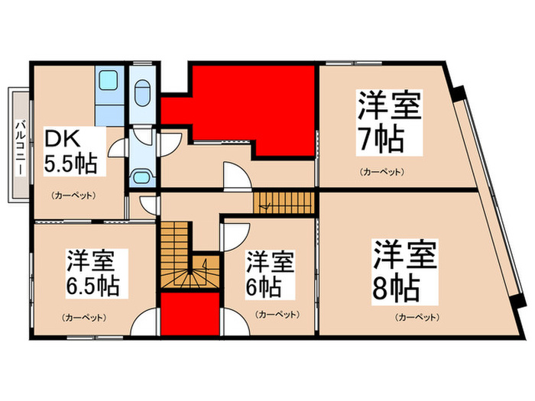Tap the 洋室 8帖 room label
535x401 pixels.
[x=404, y=271]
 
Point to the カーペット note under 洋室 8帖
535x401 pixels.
[x=416, y=316]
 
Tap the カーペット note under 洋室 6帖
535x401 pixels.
[x=272, y=313]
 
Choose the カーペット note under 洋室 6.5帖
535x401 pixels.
[x=84, y=316]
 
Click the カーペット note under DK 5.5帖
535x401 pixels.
[x=74, y=196]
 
